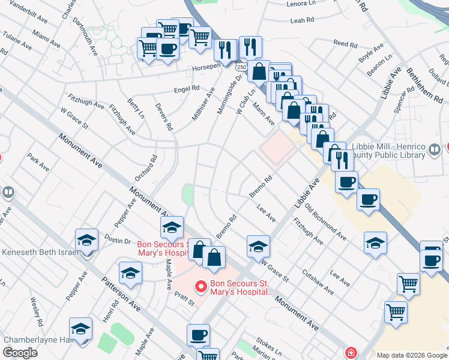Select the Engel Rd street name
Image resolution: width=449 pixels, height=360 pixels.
(x=186, y=88)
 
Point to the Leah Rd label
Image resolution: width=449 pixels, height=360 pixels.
(x=302, y=20)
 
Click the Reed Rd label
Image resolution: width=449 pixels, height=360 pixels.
(x=345, y=43)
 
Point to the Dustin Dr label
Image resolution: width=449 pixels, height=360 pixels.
(x=119, y=241)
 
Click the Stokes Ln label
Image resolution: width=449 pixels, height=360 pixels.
(x=268, y=342)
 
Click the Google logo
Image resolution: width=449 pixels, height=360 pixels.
(x=20, y=353)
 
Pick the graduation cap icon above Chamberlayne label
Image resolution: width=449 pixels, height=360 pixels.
(x=80, y=329)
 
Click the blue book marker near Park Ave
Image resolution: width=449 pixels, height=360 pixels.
(x=8, y=193)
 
